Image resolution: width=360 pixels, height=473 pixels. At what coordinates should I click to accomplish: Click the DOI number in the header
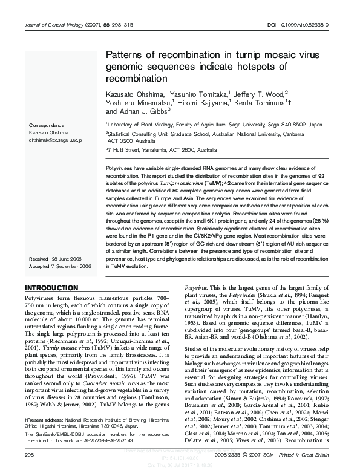(309, 25)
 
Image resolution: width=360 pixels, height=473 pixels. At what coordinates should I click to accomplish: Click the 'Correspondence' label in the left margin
(47, 125)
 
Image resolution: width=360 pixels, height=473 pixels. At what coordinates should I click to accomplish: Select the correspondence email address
(56, 140)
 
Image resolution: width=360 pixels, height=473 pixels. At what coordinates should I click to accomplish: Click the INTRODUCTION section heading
(51, 287)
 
